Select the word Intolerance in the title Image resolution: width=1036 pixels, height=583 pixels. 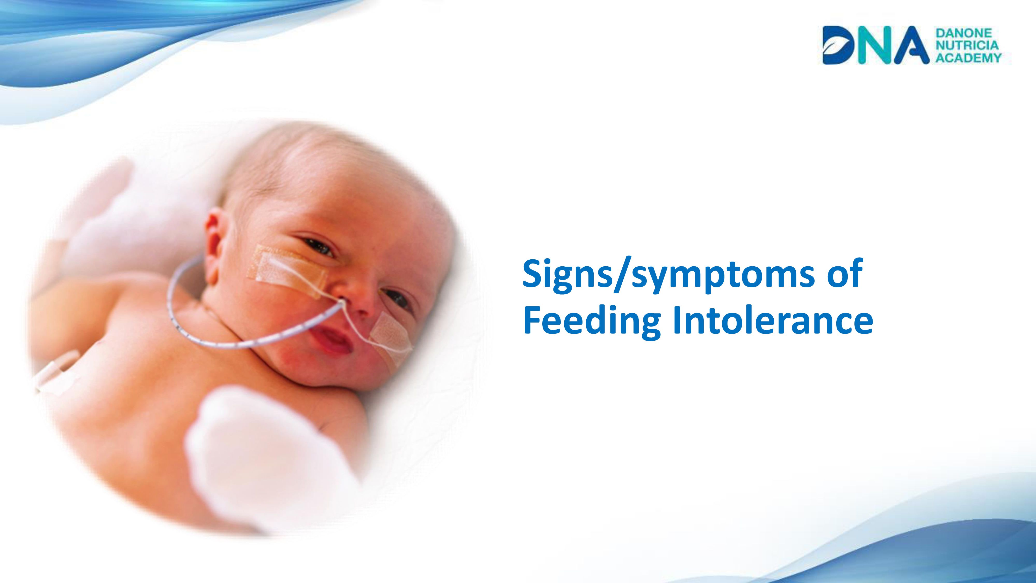[x=773, y=321]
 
